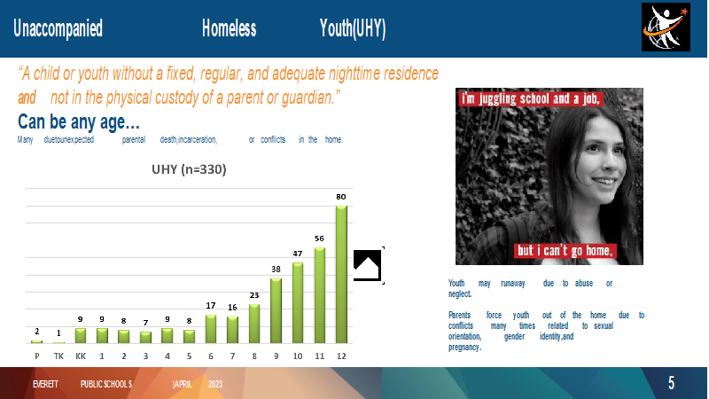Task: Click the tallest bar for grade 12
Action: click(341, 274)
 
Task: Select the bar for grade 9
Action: click(276, 310)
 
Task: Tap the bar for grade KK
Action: click(81, 335)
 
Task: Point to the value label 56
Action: click(319, 239)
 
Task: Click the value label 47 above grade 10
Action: click(298, 254)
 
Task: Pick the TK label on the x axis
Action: click(58, 356)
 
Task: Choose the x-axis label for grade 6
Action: click(211, 356)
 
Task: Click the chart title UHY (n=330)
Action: click(189, 169)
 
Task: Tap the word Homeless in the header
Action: click(229, 28)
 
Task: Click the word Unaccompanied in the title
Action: click(58, 28)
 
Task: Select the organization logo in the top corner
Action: click(666, 27)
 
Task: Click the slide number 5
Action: click(672, 383)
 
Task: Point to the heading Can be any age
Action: click(79, 121)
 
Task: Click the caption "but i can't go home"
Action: click(565, 251)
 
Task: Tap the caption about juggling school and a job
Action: click(530, 99)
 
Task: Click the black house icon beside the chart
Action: click(367, 265)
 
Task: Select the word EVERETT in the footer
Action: click(45, 384)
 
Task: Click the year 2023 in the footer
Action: click(215, 384)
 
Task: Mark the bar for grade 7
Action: click(232, 330)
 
